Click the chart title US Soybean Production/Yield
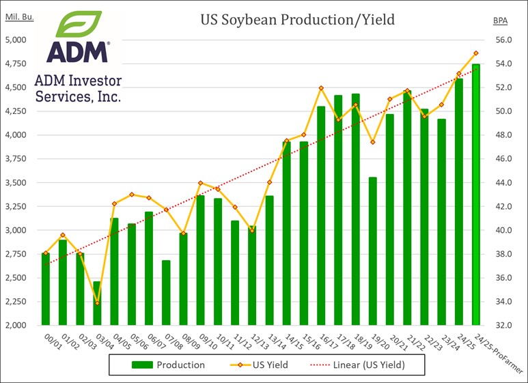click(x=297, y=20)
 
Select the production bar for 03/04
click(x=97, y=304)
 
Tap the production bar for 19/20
click(x=373, y=251)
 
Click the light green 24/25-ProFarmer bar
click(x=476, y=195)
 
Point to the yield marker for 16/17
click(x=321, y=88)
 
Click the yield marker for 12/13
click(x=252, y=231)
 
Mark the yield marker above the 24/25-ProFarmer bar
click(x=476, y=53)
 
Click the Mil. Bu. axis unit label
click(x=19, y=16)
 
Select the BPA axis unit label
click(x=500, y=20)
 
